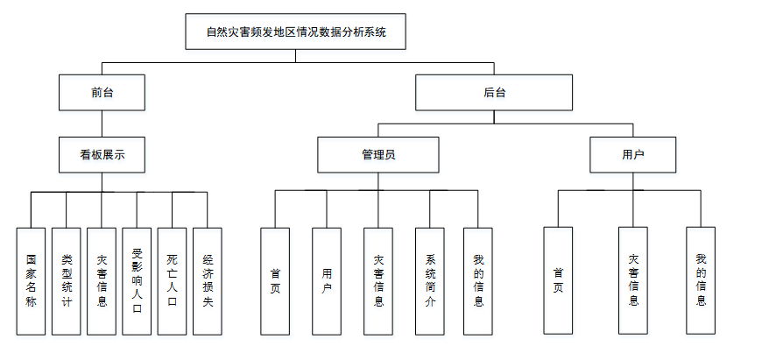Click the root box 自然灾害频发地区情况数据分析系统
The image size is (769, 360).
(296, 33)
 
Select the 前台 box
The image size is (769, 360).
(102, 92)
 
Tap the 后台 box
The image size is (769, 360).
(494, 92)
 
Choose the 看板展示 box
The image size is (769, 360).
(102, 154)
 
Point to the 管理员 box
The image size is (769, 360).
(377, 154)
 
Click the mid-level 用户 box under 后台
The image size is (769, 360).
(632, 154)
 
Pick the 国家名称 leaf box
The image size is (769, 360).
(31, 280)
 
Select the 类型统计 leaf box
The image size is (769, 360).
(66, 280)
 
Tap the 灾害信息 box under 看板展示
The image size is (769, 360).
(102, 280)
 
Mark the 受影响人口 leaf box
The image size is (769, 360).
(137, 280)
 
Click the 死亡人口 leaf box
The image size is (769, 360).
(173, 280)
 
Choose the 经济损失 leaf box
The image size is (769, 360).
(208, 280)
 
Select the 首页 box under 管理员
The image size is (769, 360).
(275, 280)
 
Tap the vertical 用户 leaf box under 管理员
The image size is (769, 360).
(327, 280)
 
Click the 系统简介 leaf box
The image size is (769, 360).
(430, 280)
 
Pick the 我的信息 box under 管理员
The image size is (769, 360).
(478, 280)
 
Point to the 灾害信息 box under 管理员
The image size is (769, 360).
(378, 280)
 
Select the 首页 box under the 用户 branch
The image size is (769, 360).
(559, 280)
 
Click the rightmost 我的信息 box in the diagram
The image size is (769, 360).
(701, 280)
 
